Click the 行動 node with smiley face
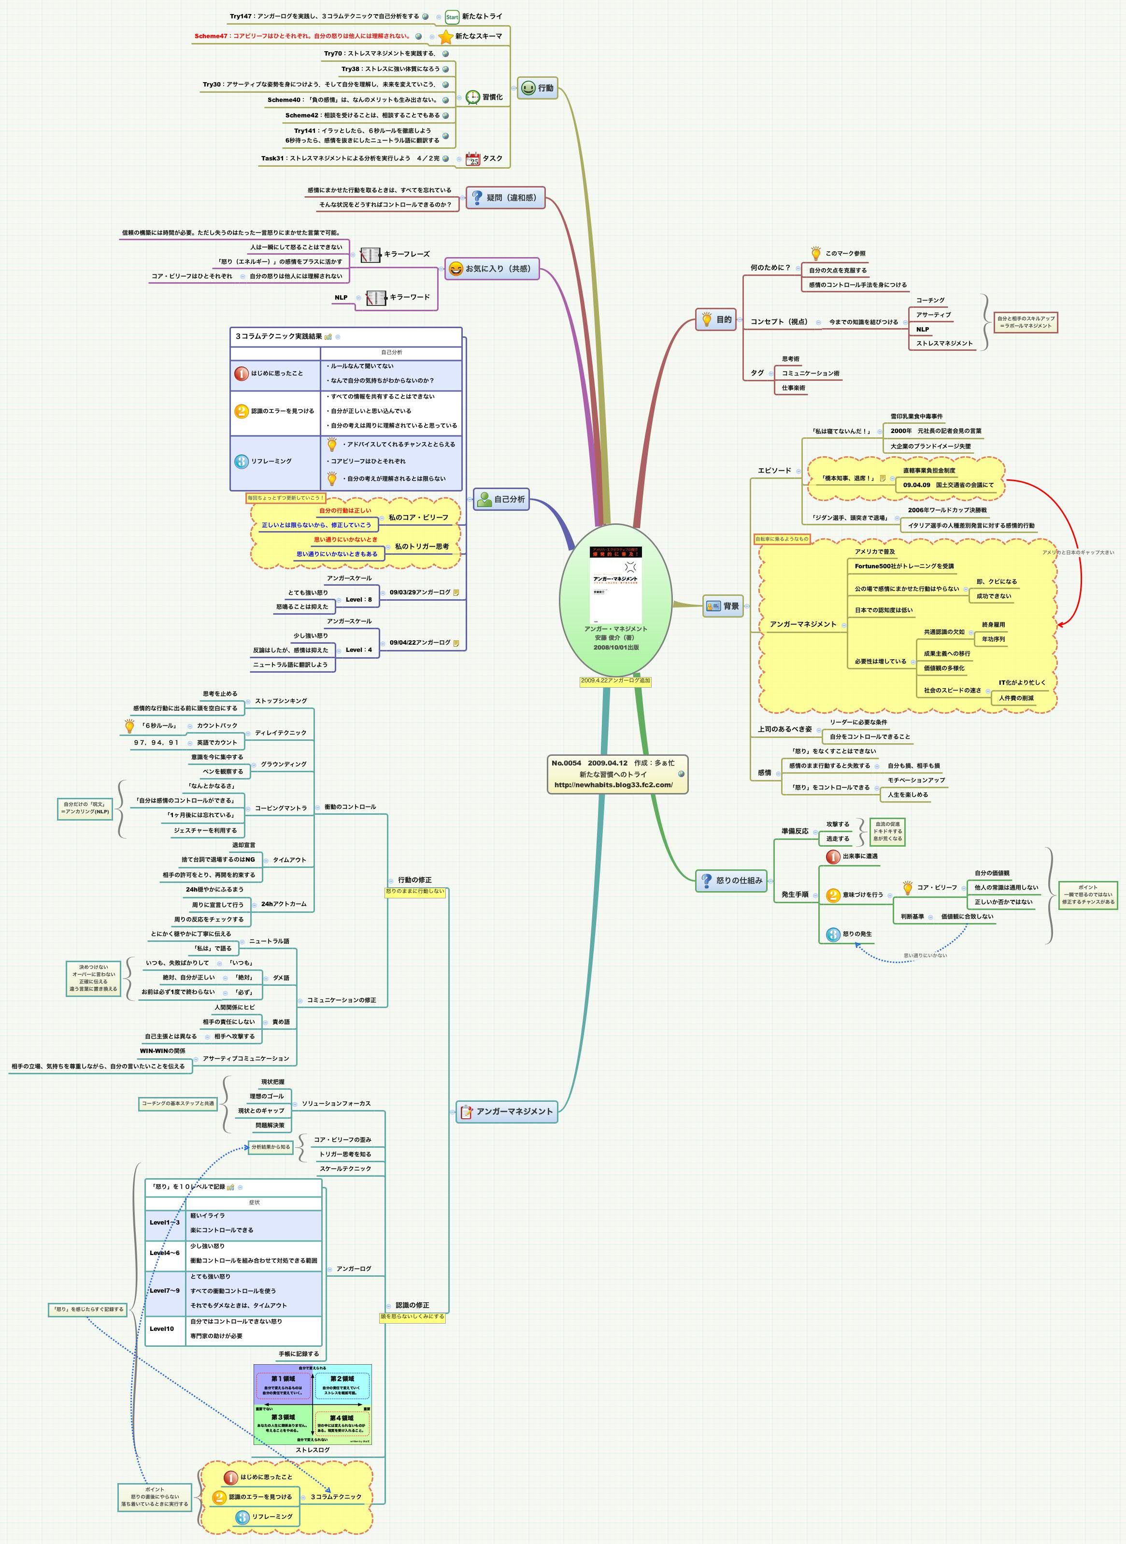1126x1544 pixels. pos(537,88)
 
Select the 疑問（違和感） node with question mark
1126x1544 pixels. pos(505,198)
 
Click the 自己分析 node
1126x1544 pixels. pos(502,499)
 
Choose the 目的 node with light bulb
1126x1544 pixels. pos(716,319)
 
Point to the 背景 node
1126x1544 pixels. pos(723,606)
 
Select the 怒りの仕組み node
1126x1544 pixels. pos(731,880)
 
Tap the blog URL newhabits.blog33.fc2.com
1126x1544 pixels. pos(613,785)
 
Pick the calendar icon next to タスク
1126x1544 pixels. pos(473,159)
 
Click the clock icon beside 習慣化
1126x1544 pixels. pos(473,98)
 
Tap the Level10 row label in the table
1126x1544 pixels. pos(162,1328)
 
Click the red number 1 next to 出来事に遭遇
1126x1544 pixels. pos(833,856)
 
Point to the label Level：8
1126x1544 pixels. pos(358,600)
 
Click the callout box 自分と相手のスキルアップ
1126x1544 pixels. pos(1025,322)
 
